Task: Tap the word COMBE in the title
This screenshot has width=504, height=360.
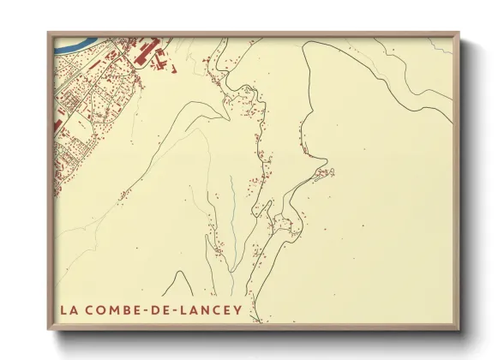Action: click(x=115, y=309)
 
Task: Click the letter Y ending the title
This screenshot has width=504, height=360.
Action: click(x=237, y=309)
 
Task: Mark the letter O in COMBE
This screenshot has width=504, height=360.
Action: click(x=101, y=309)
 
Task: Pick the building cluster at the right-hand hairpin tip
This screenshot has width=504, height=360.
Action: click(x=325, y=175)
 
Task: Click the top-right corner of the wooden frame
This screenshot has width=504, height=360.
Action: click(x=458, y=33)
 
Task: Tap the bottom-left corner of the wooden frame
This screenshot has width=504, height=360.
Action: click(x=49, y=328)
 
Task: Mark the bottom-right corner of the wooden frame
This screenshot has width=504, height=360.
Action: click(x=458, y=328)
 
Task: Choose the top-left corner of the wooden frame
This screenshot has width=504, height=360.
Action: click(x=49, y=33)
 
